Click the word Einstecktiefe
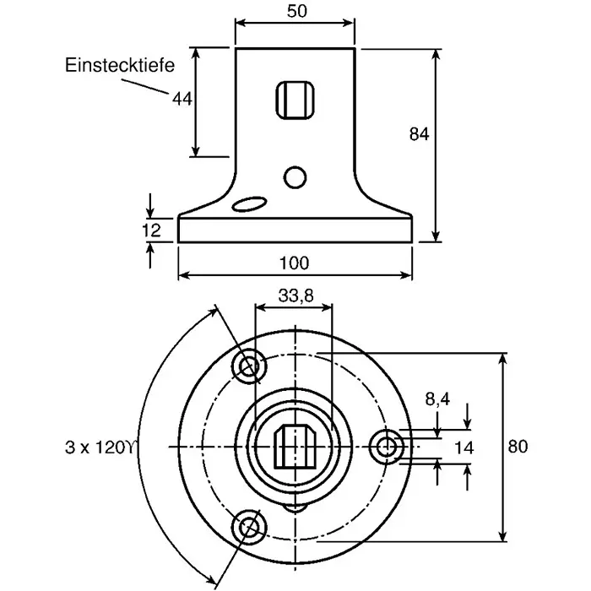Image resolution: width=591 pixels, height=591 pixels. (x=120, y=65)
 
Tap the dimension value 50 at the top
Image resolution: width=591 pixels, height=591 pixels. (x=297, y=11)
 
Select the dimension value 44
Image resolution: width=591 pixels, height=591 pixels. (x=182, y=99)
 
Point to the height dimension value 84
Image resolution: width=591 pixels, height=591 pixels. (x=419, y=133)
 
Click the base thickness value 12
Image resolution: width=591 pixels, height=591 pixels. (x=151, y=230)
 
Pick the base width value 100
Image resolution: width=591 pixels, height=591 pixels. (x=294, y=263)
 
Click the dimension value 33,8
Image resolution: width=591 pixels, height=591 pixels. (x=295, y=295)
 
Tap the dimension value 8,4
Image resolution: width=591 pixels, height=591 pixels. (x=437, y=399)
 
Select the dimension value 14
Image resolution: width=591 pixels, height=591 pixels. (x=464, y=448)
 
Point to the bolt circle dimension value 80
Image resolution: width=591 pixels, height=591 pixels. (x=518, y=447)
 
